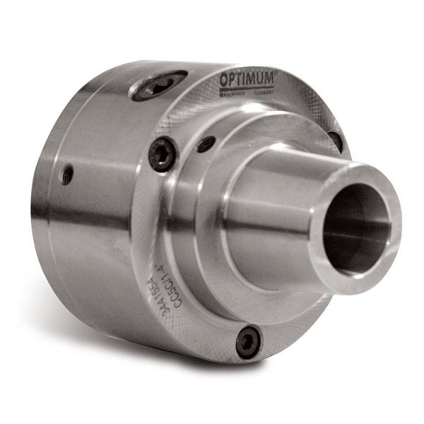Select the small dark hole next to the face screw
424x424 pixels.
pyautogui.click(x=206, y=143)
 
